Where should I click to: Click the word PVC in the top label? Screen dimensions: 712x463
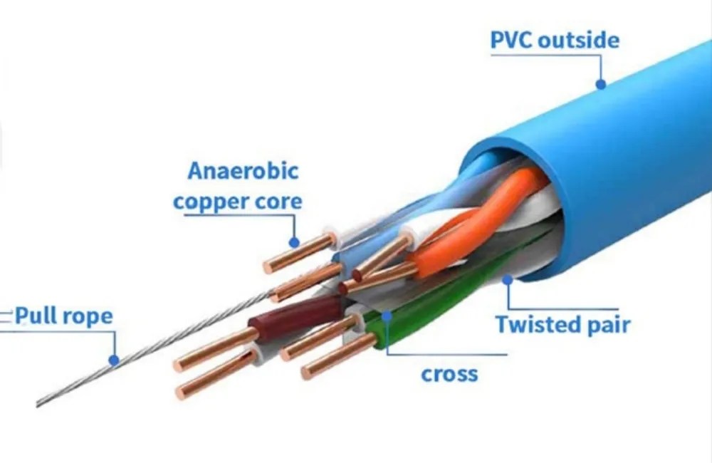pyautogui.click(x=511, y=41)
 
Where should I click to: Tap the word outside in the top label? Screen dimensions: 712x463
pyautogui.click(x=578, y=41)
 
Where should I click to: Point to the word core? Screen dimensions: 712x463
pyautogui.click(x=278, y=202)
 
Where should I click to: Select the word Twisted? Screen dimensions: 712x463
pyautogui.click(x=537, y=325)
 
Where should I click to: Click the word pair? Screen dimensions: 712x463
pyautogui.click(x=606, y=326)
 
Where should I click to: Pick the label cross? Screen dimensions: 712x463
pyautogui.click(x=449, y=373)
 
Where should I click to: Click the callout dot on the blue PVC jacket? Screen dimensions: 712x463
pyautogui.click(x=601, y=84)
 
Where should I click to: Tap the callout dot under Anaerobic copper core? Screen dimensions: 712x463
pyautogui.click(x=293, y=242)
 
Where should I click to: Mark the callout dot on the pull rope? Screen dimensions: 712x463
pyautogui.click(x=113, y=360)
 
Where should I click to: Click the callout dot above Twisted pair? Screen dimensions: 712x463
pyautogui.click(x=507, y=281)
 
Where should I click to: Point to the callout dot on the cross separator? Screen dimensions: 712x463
pyautogui.click(x=386, y=315)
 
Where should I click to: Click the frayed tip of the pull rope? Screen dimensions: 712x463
pyautogui.click(x=43, y=402)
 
